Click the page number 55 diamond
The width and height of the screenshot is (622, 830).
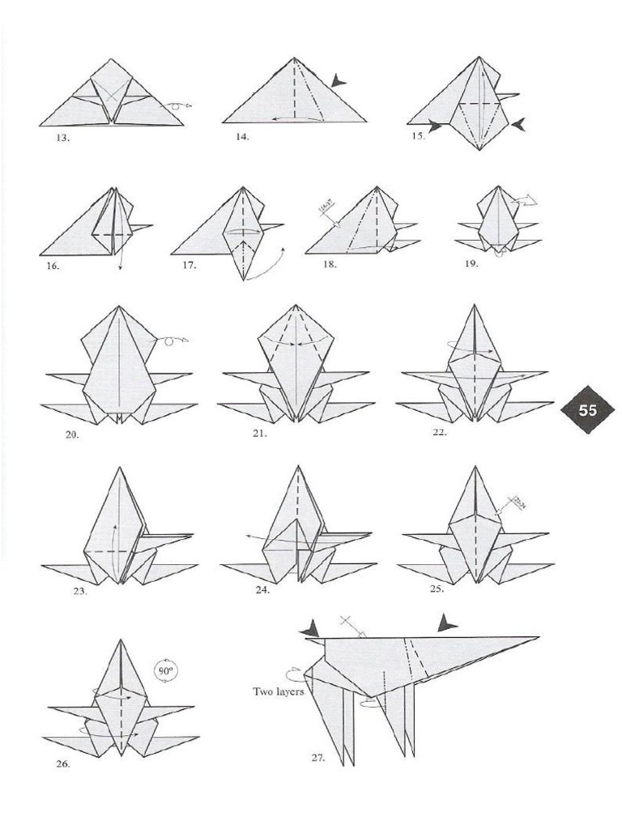click(587, 410)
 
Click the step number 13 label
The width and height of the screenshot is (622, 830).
click(62, 138)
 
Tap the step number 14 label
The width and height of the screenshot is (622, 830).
click(242, 136)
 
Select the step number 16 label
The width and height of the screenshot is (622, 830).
click(53, 265)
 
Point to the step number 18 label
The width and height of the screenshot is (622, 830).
click(329, 264)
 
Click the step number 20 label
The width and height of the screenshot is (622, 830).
click(72, 435)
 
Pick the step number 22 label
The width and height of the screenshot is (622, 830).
click(440, 433)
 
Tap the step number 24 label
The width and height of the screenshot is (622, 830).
click(262, 590)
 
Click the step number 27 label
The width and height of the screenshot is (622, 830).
click(318, 758)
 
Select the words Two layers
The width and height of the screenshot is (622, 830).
click(279, 691)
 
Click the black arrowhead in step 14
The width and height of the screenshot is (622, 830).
click(338, 79)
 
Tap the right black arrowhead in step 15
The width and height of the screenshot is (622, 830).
click(518, 124)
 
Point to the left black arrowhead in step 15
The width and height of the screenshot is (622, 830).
click(436, 126)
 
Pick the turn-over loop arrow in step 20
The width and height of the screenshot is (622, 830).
click(172, 340)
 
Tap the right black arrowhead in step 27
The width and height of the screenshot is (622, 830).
click(446, 623)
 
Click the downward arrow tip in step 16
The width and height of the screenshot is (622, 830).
click(120, 268)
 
